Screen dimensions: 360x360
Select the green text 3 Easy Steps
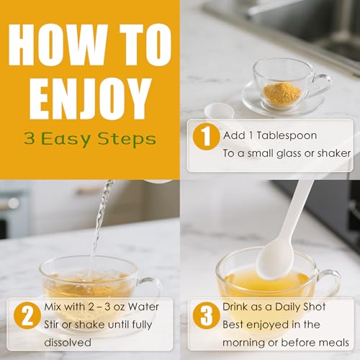[89, 139]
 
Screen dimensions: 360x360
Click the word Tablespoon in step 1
[288, 135]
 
